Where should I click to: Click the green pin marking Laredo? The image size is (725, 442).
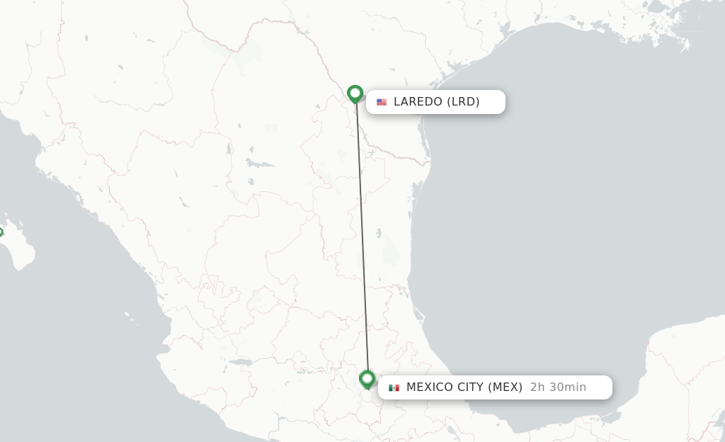tap(355, 93)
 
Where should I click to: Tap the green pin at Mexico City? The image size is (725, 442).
tap(367, 379)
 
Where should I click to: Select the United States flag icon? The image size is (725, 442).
tap(382, 102)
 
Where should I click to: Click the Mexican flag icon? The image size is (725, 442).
tap(394, 387)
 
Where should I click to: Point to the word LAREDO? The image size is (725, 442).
tap(418, 102)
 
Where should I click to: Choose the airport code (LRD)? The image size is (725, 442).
tap(463, 102)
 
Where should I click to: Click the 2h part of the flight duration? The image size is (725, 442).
tap(537, 387)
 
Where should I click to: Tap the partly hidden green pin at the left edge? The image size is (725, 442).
tap(1, 232)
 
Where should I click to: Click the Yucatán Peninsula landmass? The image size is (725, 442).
tap(680, 368)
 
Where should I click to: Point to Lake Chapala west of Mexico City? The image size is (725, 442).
tap(241, 362)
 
